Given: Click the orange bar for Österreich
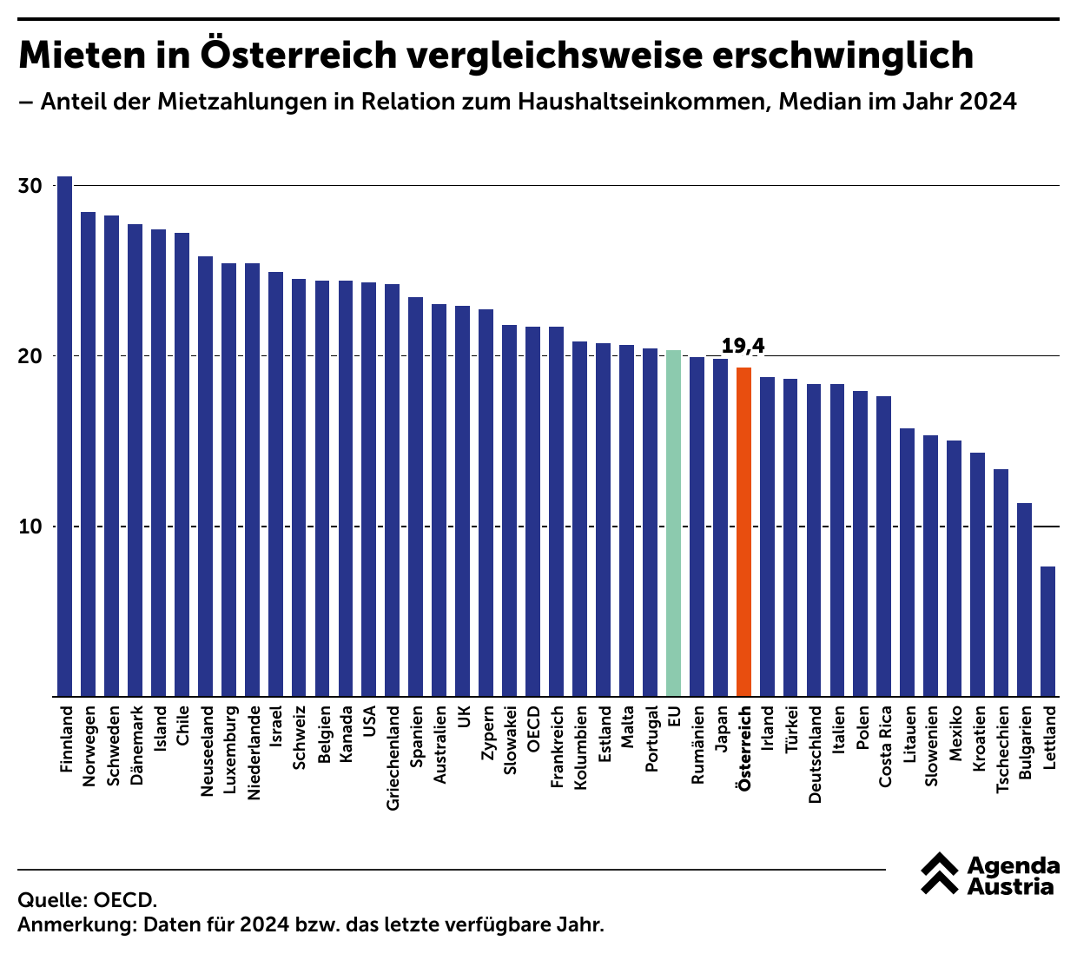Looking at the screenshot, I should (x=743, y=532).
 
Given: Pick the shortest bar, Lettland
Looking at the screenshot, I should (x=1047, y=632).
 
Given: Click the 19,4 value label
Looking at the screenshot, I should (x=743, y=346).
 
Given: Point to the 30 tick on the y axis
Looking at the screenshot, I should (x=30, y=186).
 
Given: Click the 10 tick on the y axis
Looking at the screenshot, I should (x=30, y=527).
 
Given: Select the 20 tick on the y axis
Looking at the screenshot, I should (x=30, y=356).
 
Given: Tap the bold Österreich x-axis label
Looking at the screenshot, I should (x=744, y=748).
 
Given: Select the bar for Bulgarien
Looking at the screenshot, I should (x=1024, y=600).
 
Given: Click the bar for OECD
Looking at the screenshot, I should (x=532, y=512).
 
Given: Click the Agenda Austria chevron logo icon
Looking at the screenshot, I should (x=940, y=874).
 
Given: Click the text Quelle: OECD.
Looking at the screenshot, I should (x=87, y=899).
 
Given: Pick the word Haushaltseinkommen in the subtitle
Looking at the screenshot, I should (x=642, y=102).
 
